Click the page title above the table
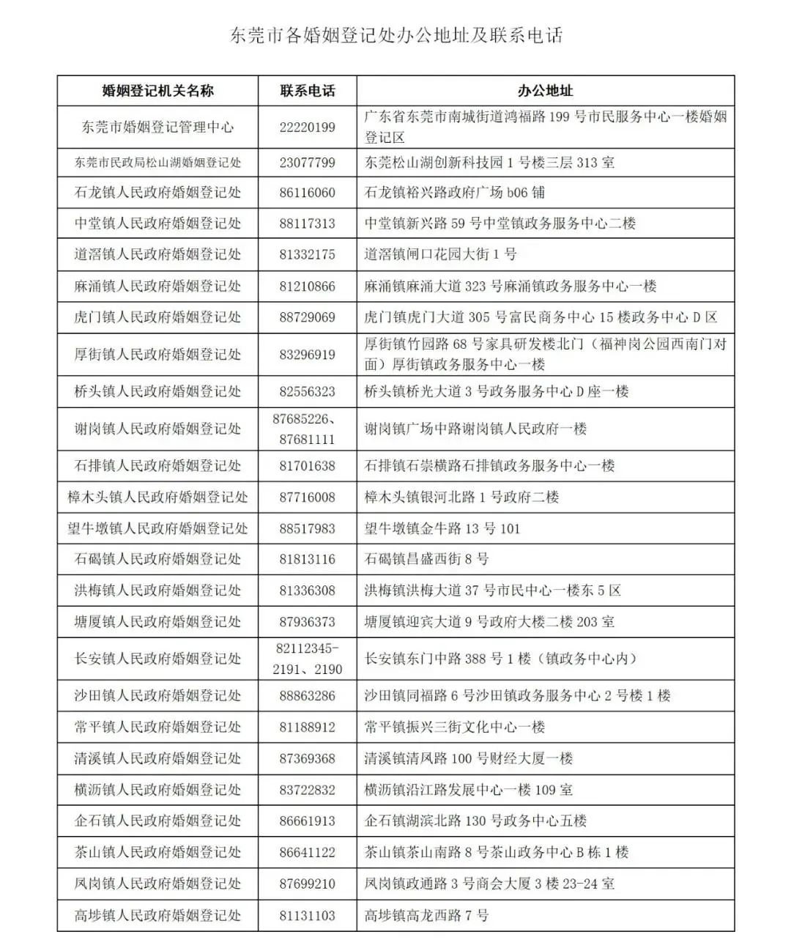(x=395, y=35)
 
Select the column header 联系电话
(x=308, y=91)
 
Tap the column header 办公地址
(x=545, y=91)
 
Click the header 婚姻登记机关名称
(x=157, y=91)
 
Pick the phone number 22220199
(x=308, y=127)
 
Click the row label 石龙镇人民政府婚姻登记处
(x=157, y=193)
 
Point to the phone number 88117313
(x=308, y=223)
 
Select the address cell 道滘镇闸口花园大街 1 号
(x=441, y=255)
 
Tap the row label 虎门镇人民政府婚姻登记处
(x=157, y=317)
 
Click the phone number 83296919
(x=308, y=355)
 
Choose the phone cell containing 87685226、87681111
(x=308, y=429)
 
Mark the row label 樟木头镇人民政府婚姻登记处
(x=157, y=497)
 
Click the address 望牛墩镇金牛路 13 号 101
(x=442, y=528)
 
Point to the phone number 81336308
(x=308, y=591)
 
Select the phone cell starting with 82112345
(x=308, y=659)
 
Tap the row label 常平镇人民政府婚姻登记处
(x=157, y=727)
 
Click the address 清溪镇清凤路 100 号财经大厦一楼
(x=469, y=758)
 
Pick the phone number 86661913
(x=308, y=821)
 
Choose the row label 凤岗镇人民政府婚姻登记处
(x=157, y=884)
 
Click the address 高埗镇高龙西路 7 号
(x=426, y=915)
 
